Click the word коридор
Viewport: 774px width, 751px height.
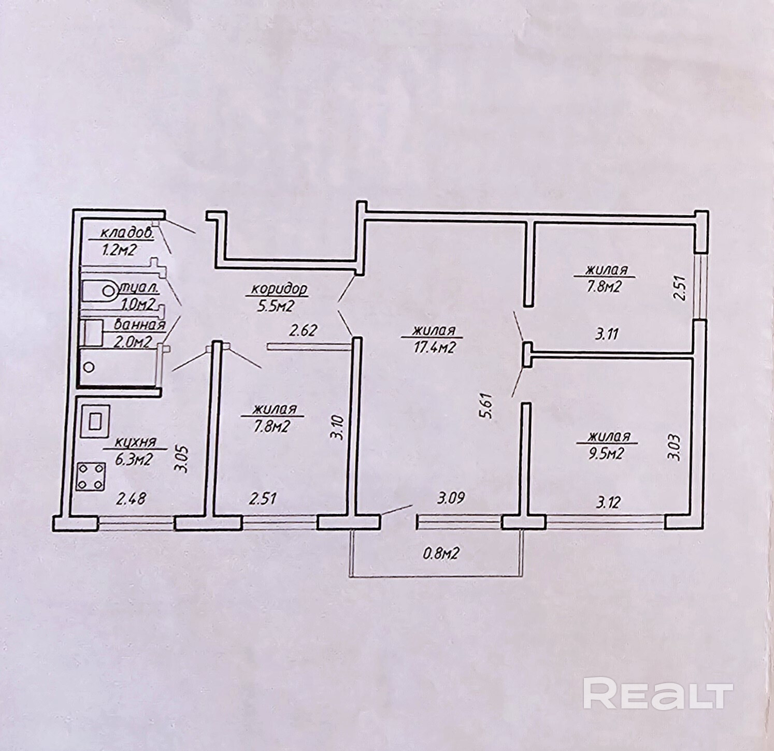(278, 289)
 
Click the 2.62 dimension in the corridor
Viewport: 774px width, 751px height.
(303, 330)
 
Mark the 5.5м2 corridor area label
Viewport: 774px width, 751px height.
(275, 307)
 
